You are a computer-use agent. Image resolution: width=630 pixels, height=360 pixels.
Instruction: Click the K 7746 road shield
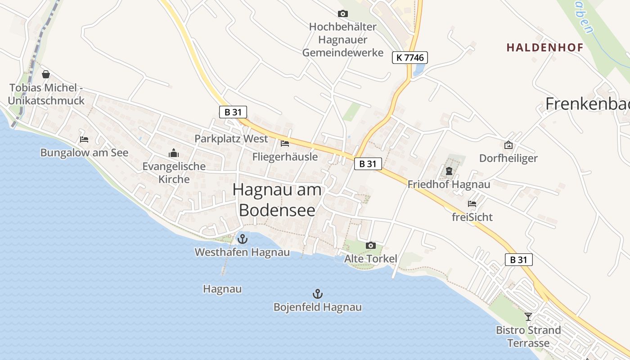[409, 58]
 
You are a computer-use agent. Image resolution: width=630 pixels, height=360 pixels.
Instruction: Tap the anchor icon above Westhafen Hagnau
[243, 238]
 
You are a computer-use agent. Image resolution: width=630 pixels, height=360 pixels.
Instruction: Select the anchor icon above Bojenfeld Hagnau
[318, 294]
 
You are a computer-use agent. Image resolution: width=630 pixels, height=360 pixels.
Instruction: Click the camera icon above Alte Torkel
[371, 245]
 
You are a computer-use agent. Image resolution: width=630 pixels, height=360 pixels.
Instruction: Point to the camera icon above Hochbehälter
[343, 14]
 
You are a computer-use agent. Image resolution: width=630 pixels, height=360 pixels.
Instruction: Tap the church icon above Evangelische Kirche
[174, 153]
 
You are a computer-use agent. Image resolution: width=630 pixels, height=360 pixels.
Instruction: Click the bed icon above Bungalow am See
[84, 139]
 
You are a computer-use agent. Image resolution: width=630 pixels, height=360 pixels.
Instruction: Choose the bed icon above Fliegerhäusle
[285, 144]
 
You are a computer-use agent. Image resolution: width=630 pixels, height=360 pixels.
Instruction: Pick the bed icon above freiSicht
[472, 204]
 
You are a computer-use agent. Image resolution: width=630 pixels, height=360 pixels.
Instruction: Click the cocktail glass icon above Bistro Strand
[528, 317]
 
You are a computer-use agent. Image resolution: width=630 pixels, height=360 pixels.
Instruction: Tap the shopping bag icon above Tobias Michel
[46, 74]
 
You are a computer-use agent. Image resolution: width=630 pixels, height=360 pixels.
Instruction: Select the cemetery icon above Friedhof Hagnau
[449, 171]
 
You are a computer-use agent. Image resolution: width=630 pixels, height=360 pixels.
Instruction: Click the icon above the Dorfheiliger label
[508, 145]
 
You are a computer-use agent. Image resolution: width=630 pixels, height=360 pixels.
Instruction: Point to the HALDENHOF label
[544, 47]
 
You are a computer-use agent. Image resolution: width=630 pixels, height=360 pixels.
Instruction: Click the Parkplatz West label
[231, 139]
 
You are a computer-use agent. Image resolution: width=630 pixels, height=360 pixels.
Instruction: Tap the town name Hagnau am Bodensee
[277, 200]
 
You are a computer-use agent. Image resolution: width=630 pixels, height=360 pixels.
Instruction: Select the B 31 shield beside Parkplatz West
[233, 112]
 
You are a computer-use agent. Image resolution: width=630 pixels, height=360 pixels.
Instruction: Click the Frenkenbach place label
[587, 104]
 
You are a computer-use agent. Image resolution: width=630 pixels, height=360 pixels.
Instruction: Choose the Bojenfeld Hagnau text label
[318, 307]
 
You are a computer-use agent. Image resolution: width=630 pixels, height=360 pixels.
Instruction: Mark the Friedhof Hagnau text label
[449, 184]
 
